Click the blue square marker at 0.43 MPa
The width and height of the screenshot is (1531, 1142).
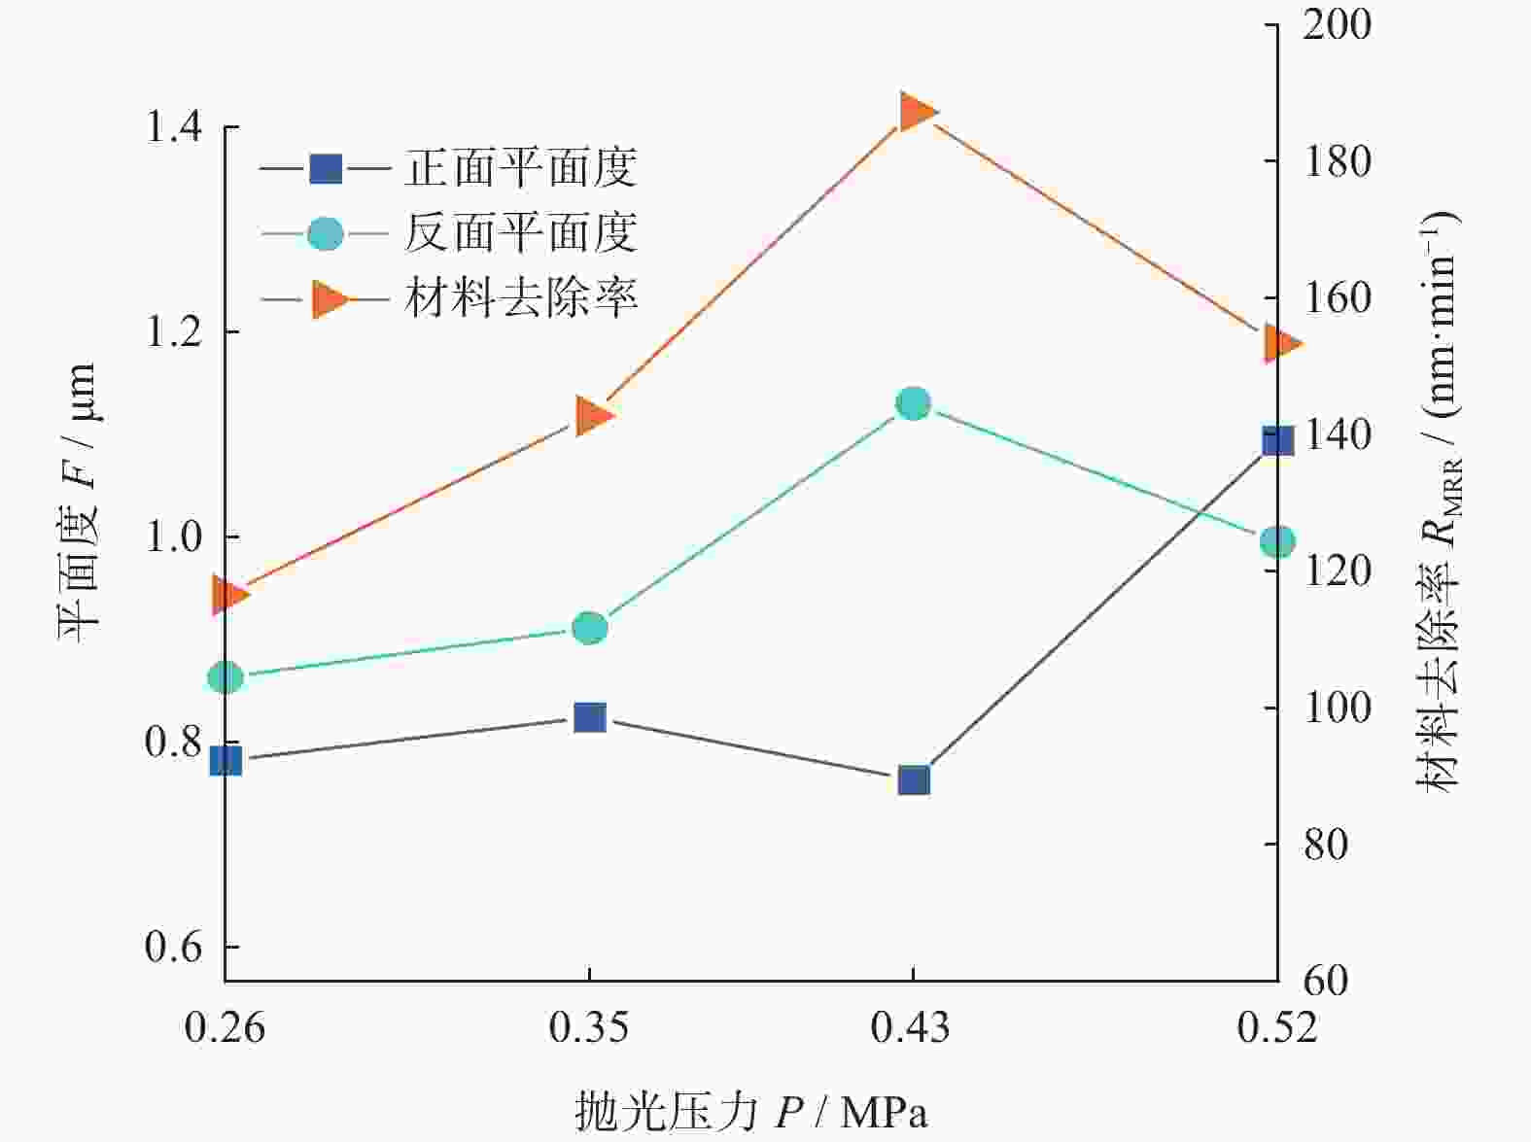[914, 779]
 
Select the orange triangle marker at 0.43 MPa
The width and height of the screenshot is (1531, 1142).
[916, 112]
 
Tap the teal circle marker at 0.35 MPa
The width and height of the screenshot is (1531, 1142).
[590, 628]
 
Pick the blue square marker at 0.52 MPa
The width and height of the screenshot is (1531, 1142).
[1276, 440]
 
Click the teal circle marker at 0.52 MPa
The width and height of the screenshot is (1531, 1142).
[1277, 541]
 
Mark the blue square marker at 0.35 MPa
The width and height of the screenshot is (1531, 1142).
[590, 717]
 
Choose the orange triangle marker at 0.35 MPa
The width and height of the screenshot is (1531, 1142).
[593, 416]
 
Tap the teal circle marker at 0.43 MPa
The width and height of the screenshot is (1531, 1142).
[914, 403]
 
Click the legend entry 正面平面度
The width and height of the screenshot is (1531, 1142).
[520, 170]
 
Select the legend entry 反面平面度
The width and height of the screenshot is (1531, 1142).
[520, 233]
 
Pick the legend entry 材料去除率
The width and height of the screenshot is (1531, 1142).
[520, 297]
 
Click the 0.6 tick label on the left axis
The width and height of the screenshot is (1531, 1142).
[174, 946]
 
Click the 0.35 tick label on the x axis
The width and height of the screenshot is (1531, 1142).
[589, 1027]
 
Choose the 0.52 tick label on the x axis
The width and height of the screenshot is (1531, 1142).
[1276, 1027]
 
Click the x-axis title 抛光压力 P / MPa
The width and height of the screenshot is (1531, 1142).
[750, 1111]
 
